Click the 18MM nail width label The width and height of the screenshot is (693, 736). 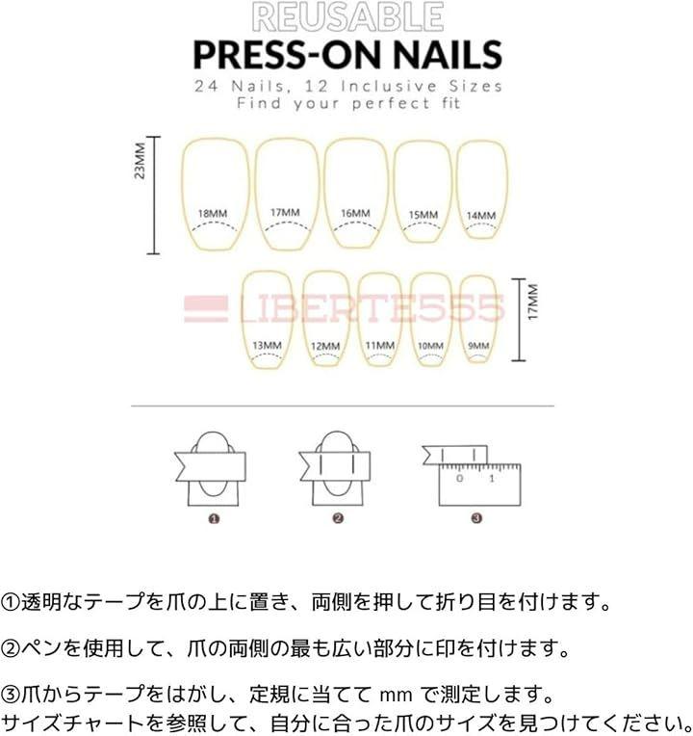(x=213, y=214)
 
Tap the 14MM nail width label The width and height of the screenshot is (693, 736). (x=481, y=216)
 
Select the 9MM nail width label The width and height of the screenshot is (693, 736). (x=478, y=346)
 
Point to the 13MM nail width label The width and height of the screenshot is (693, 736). (x=267, y=346)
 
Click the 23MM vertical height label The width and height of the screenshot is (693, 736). (x=140, y=161)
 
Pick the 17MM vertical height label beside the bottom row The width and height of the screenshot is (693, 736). (x=533, y=302)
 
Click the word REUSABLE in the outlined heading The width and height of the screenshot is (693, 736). (x=347, y=17)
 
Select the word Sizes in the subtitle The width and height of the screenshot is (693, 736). (x=475, y=87)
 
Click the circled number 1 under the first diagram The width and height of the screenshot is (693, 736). (x=214, y=518)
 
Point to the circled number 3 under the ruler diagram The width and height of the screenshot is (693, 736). (x=476, y=518)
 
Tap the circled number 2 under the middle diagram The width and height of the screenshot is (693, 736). (x=338, y=518)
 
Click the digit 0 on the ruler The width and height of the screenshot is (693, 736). (x=459, y=479)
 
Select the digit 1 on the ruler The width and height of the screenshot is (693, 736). (x=492, y=479)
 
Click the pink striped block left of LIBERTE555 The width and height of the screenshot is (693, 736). (x=206, y=309)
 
